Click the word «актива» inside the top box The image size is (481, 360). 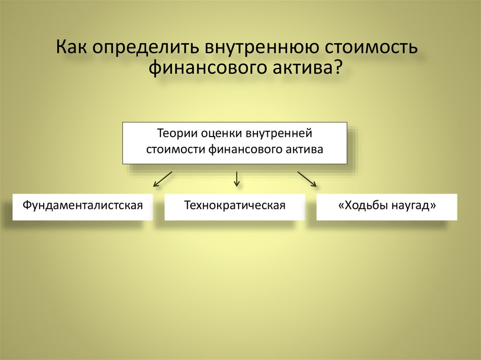pos(306,150)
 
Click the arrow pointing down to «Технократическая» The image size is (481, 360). pos(237,178)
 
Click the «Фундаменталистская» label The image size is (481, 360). pos(83,206)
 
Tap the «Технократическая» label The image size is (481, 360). pos(235,206)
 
